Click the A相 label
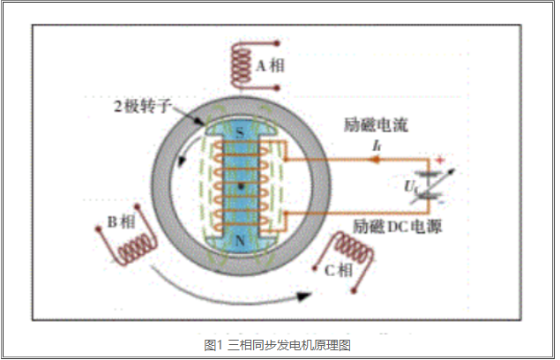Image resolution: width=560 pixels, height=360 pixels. click(x=271, y=65)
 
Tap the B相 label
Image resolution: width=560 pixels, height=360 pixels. click(x=120, y=220)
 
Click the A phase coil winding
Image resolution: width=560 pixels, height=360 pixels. click(x=240, y=64)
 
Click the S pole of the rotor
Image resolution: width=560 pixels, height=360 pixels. click(x=240, y=133)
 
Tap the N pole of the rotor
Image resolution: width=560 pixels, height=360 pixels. click(x=240, y=240)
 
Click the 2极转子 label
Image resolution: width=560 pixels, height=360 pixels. click(x=141, y=106)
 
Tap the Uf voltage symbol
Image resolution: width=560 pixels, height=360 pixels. click(x=409, y=186)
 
